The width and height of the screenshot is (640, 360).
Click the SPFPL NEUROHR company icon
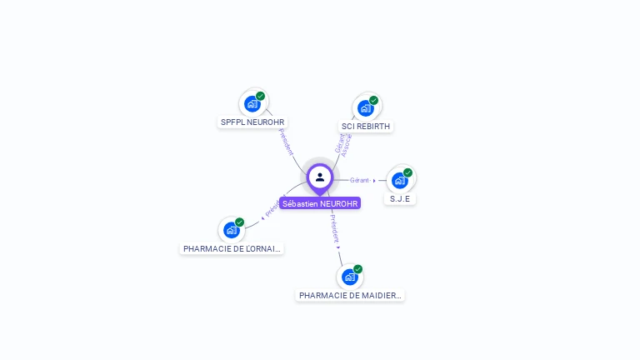pyautogui.click(x=252, y=104)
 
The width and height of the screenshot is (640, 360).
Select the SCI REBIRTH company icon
pyautogui.click(x=365, y=107)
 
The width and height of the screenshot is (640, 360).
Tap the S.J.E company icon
pyautogui.click(x=400, y=180)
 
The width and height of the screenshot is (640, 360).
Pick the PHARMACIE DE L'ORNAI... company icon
pyautogui.click(x=231, y=230)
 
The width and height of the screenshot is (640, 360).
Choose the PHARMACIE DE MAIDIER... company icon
pyautogui.click(x=349, y=277)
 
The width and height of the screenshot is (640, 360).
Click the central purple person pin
pyautogui.click(x=320, y=177)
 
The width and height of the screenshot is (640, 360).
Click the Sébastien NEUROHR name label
pyautogui.click(x=320, y=203)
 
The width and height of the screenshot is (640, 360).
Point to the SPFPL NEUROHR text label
pyautogui.click(x=252, y=122)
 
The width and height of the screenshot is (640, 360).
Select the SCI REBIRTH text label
pyautogui.click(x=366, y=127)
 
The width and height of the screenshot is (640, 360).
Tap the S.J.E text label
pyautogui.click(x=401, y=199)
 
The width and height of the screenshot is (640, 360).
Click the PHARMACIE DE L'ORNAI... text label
pyautogui.click(x=232, y=248)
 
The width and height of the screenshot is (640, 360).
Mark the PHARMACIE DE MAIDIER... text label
pyautogui.click(x=350, y=295)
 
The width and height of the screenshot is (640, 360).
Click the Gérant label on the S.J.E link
pyautogui.click(x=360, y=180)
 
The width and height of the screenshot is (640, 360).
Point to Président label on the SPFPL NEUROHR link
pyautogui.click(x=285, y=142)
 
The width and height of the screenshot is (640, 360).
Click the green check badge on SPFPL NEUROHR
pyautogui.click(x=261, y=96)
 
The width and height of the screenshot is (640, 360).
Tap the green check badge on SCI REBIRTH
pyautogui.click(x=373, y=100)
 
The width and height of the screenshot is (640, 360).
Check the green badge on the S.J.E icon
pyautogui.click(x=407, y=172)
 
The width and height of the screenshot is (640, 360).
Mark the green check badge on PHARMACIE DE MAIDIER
pyautogui.click(x=357, y=269)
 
